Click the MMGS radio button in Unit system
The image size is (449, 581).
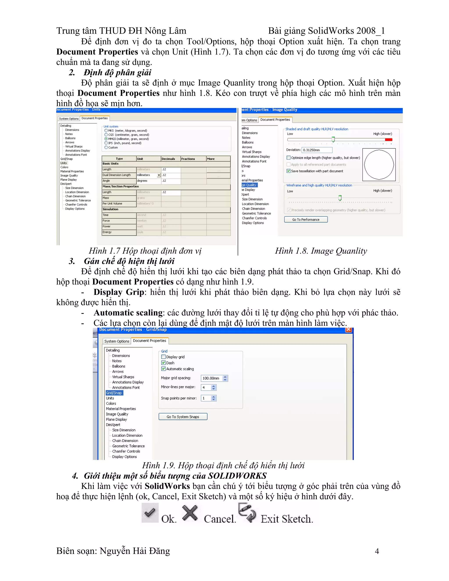point(106,139)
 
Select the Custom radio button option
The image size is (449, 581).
point(106,147)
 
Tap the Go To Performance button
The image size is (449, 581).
point(306,219)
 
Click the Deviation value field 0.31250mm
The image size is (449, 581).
point(317,150)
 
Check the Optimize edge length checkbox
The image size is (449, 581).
point(288,158)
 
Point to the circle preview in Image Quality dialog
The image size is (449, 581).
point(379,165)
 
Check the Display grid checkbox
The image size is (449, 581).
point(164,357)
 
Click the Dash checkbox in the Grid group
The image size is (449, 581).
point(164,363)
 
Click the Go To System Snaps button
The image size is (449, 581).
point(183,417)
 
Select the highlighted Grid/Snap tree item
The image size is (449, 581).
point(114,393)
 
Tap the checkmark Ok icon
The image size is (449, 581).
point(150,512)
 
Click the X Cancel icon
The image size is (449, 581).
point(190,513)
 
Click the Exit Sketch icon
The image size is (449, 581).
point(247,512)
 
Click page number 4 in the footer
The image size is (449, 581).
point(377,551)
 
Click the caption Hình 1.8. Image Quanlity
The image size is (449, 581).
point(321,251)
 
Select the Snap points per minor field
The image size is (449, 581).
point(206,398)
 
